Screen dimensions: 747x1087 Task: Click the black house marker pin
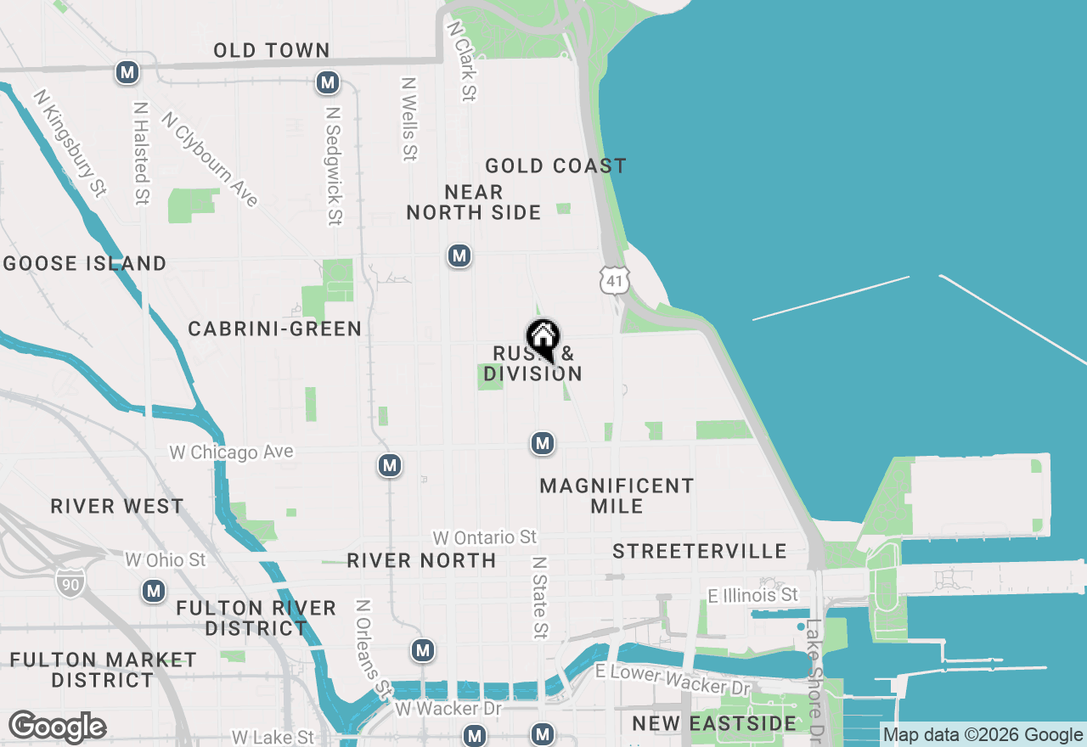(543, 340)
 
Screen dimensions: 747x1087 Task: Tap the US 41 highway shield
(613, 279)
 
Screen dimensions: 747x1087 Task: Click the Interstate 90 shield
(70, 581)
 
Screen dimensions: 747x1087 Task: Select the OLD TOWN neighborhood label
(272, 51)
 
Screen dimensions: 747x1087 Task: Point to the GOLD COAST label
(555, 166)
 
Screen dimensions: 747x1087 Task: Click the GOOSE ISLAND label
(85, 263)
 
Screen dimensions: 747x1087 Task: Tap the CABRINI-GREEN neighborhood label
(275, 329)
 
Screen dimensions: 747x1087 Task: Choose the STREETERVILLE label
(700, 552)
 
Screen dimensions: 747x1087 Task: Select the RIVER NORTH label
(421, 560)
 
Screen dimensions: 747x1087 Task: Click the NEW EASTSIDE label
(714, 724)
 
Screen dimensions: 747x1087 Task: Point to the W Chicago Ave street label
(231, 452)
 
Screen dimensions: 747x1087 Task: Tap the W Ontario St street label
(484, 537)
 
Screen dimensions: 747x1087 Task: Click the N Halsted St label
(141, 154)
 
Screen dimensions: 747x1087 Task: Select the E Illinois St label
(753, 595)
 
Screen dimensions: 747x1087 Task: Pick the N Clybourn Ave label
(209, 159)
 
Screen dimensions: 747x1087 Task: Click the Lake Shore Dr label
(814, 679)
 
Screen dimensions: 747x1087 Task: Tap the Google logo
(57, 727)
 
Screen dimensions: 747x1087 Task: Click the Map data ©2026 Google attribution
(983, 735)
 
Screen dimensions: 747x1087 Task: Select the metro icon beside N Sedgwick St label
(328, 83)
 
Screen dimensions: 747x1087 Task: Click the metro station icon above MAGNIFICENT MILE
(543, 443)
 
